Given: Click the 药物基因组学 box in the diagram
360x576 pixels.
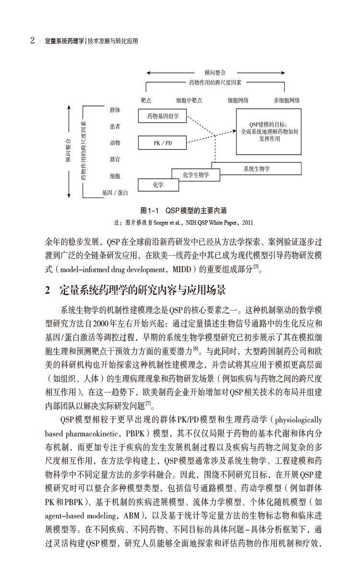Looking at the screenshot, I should coord(162,116).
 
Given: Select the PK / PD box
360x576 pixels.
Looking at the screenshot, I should coord(162,143).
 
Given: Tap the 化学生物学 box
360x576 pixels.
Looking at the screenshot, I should coord(196,175).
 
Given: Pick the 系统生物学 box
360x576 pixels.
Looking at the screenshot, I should coord(256,168).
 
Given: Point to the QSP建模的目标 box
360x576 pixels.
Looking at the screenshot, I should coord(268,131).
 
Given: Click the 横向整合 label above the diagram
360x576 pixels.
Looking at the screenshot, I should coord(215,72).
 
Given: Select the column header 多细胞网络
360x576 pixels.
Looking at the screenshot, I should coord(287,100).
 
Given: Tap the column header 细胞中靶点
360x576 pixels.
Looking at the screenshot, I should coord(189,100).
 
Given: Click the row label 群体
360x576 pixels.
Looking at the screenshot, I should coord(115,110).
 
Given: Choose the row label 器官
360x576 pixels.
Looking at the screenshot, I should coord(115,159).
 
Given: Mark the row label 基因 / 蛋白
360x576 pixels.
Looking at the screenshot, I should coord(115,192).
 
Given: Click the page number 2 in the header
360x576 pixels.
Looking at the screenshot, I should coord(32,41).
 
